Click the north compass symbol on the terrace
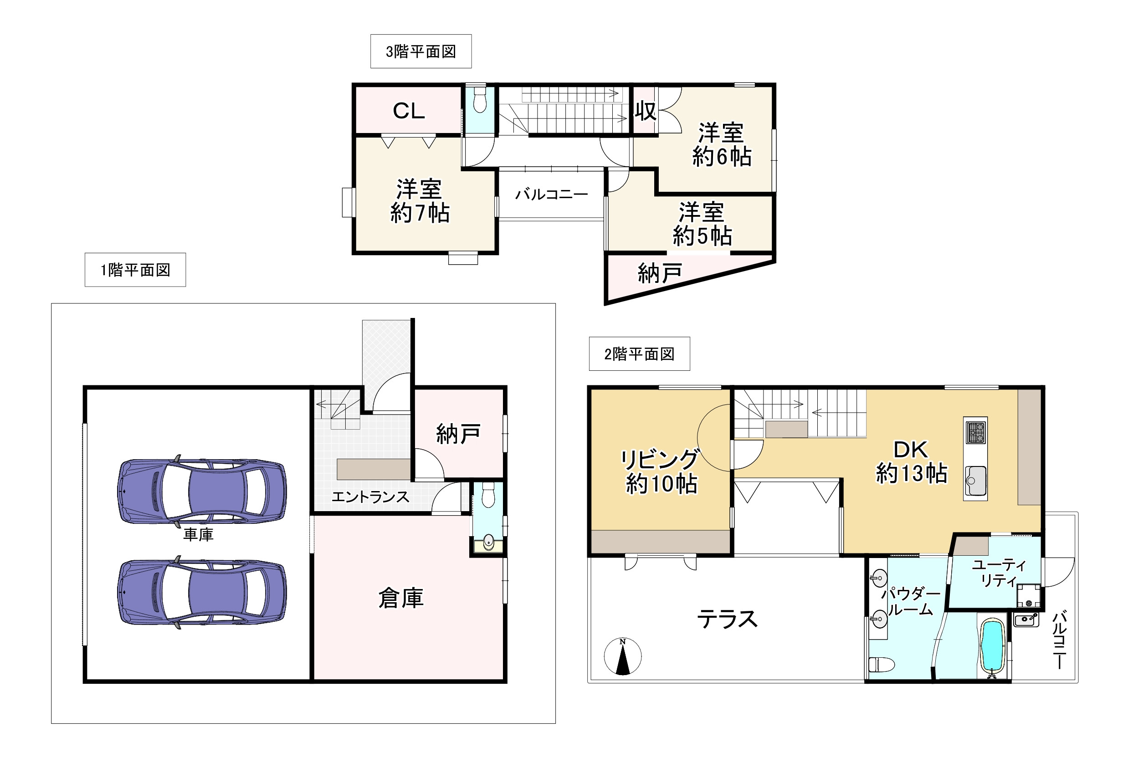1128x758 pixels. (x=622, y=656)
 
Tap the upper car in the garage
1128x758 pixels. (x=202, y=491)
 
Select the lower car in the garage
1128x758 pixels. (x=202, y=592)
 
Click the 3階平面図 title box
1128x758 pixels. (x=420, y=51)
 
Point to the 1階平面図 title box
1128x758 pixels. (x=135, y=270)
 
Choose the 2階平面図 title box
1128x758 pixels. (x=639, y=354)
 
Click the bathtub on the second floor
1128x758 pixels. (x=992, y=647)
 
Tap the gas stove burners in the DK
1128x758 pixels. (x=975, y=432)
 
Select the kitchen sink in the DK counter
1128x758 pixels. (x=975, y=481)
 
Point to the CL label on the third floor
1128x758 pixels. (x=409, y=111)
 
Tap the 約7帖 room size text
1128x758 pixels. (x=420, y=213)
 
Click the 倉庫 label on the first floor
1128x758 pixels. (x=401, y=598)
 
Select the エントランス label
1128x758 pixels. (x=370, y=497)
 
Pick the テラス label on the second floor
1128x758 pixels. (x=727, y=619)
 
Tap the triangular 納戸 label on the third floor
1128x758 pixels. (x=660, y=274)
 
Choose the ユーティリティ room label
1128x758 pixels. (x=999, y=572)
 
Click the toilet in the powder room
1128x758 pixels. (x=881, y=664)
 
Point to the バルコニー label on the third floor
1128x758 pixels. (x=551, y=195)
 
